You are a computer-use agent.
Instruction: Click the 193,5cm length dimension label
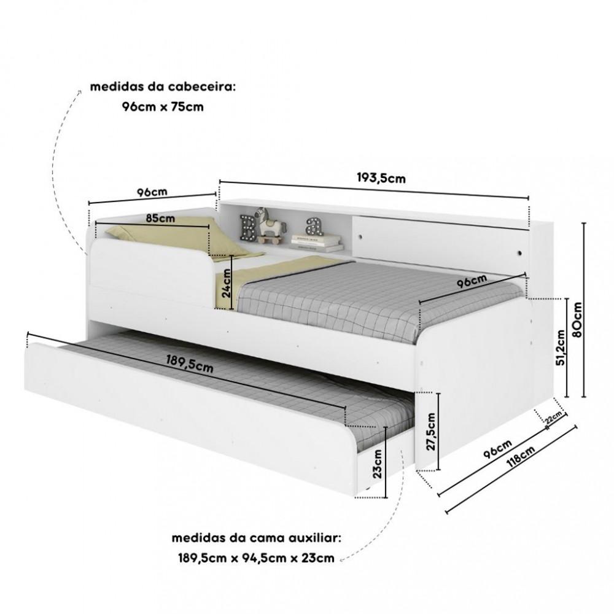(x=381, y=178)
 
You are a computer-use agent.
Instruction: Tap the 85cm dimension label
(x=160, y=218)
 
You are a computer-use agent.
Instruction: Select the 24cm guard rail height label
(x=226, y=282)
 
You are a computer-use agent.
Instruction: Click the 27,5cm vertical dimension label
(x=431, y=432)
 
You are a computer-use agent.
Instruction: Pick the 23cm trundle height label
(x=377, y=464)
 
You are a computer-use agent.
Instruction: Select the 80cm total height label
(x=576, y=319)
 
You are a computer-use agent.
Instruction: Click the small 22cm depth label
(x=554, y=418)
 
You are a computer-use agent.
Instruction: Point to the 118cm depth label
(x=521, y=456)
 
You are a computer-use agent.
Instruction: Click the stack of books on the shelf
(x=317, y=243)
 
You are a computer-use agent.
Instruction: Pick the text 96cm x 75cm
(x=163, y=106)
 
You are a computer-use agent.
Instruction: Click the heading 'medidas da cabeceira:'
(x=163, y=87)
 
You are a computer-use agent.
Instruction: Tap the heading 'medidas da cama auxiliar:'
(x=257, y=538)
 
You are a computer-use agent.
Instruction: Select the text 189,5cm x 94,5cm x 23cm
(x=257, y=558)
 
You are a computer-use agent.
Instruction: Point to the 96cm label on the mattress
(x=472, y=281)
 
